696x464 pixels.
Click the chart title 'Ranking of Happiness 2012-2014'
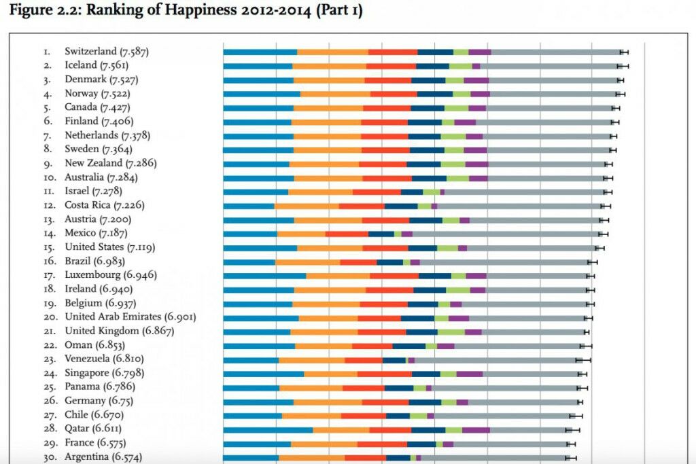(x=198, y=10)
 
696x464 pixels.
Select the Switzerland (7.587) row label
(x=107, y=52)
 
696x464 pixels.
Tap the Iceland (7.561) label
(x=97, y=65)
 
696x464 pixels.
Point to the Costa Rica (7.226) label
(x=104, y=205)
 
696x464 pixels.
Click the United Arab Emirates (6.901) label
(x=130, y=317)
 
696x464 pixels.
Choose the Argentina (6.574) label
(x=103, y=457)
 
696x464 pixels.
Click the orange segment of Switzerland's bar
(x=332, y=52)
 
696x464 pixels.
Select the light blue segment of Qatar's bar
(x=268, y=430)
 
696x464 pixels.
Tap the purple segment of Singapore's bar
(x=469, y=374)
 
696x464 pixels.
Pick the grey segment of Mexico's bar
(x=506, y=234)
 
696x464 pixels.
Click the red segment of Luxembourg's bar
(x=394, y=276)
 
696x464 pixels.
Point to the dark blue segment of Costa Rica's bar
(x=401, y=207)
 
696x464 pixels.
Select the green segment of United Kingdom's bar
(x=451, y=332)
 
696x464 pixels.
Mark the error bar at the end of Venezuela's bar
(x=582, y=360)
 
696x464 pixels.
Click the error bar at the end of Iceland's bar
(x=623, y=66)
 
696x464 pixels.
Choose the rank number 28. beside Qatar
(x=50, y=429)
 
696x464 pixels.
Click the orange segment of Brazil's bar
(x=308, y=262)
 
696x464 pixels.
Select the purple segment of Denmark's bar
(x=476, y=80)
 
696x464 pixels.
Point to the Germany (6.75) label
(x=99, y=401)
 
